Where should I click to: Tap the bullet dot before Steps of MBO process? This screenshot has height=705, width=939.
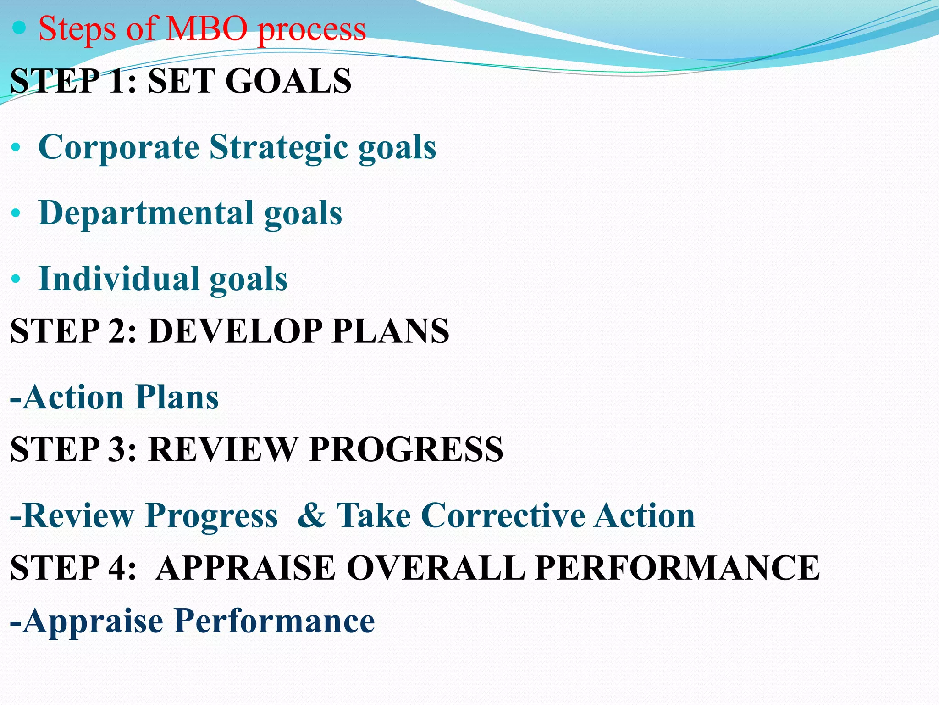(19, 28)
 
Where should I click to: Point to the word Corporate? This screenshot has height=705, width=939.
(119, 147)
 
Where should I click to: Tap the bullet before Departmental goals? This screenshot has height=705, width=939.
(16, 213)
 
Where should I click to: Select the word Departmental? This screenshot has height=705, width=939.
(146, 213)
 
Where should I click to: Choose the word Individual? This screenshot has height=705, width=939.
(119, 278)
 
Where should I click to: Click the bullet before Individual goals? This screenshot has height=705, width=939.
(16, 279)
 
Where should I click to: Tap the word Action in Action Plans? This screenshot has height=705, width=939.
(73, 397)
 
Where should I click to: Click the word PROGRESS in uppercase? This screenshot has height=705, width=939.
(406, 449)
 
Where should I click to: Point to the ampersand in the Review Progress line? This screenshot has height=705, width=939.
(311, 515)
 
